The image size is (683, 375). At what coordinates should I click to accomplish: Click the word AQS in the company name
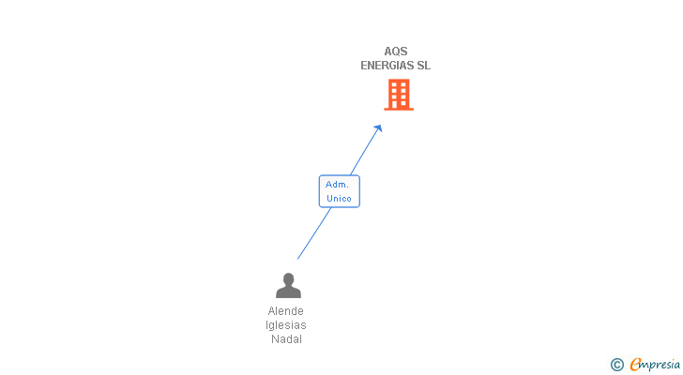coord(396,52)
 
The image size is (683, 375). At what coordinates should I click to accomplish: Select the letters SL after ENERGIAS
coord(424,66)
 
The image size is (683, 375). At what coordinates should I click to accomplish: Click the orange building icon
coord(399,94)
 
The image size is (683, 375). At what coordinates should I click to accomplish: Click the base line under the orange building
coord(399,109)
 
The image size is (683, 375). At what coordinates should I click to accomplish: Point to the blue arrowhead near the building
coord(378,128)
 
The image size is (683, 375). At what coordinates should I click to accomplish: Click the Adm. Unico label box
coord(339,191)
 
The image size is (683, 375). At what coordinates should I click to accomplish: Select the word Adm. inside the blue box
coord(338,185)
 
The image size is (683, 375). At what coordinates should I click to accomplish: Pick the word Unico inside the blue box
coord(339,199)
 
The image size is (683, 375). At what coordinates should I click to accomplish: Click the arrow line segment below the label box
coord(313,233)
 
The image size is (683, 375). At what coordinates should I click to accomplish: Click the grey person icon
coord(288,285)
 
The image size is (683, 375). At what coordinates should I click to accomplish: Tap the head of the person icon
coord(288,278)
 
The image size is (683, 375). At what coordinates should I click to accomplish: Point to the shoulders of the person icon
coord(288,292)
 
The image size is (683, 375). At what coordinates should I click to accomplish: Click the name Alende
coord(286,311)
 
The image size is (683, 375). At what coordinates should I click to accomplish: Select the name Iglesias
coord(286,325)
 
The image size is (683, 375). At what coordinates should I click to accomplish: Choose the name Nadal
coord(286,339)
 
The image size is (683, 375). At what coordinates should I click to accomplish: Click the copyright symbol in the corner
coord(616,365)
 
